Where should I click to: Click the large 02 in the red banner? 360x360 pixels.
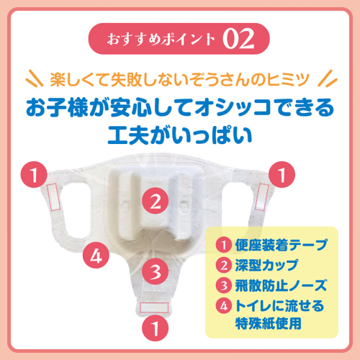238,39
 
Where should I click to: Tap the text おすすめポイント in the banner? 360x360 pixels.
161,39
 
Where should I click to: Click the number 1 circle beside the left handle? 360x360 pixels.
34,174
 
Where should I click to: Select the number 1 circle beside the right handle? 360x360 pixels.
282,174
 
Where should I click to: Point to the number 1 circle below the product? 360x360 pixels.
155,328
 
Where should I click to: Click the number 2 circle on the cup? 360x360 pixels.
155,201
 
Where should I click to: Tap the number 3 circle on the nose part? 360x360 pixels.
155,271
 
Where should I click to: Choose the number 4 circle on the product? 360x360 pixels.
96,255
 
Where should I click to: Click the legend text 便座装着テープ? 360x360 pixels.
281,245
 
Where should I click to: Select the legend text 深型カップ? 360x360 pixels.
266,265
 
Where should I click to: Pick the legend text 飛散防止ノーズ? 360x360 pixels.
281,285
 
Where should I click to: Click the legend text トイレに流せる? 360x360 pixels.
279,306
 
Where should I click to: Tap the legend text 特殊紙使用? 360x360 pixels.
268,323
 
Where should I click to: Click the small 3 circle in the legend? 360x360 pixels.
224,286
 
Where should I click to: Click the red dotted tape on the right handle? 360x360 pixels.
261,197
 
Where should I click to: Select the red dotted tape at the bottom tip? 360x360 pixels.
154,307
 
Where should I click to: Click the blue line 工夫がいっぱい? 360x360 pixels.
180,135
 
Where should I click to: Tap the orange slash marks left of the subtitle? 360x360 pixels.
35,78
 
